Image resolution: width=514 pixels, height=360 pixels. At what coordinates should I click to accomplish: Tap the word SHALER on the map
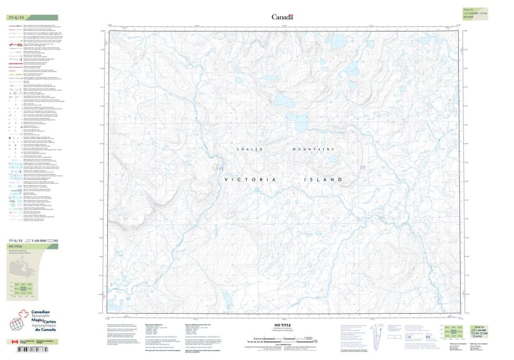tap(250, 149)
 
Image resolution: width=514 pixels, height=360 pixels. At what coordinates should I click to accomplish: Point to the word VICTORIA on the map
tap(250, 181)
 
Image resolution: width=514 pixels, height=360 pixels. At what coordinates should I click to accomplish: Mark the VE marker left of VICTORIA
tap(222, 168)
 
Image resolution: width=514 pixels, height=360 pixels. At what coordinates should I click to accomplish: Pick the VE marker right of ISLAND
tap(363, 168)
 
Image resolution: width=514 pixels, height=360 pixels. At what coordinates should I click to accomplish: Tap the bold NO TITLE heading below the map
tap(283, 326)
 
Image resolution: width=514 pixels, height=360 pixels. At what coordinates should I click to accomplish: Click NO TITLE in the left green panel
tap(14, 246)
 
